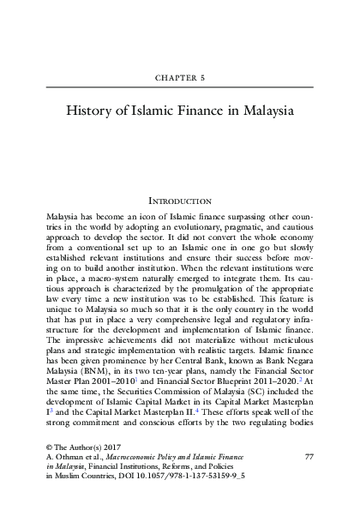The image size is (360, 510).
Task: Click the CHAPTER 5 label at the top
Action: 180,76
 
